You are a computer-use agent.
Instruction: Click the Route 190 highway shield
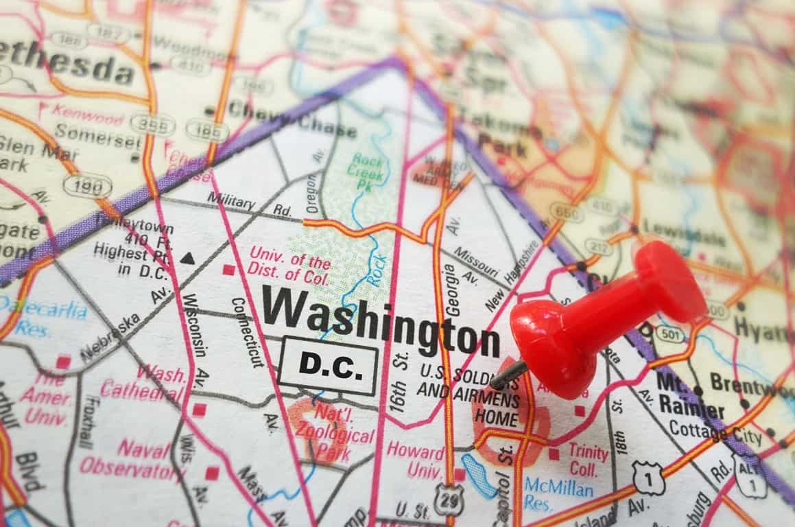click(x=87, y=185)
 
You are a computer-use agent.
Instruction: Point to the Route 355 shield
click(x=152, y=124)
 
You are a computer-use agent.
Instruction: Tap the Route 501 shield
click(x=669, y=334)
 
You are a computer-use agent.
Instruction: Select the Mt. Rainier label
click(x=690, y=396)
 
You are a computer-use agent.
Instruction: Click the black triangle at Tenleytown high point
click(x=187, y=259)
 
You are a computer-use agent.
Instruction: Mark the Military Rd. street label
click(x=249, y=204)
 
